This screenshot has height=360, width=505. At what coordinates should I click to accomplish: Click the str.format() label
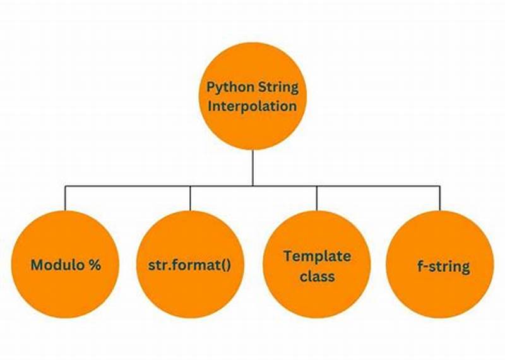190,265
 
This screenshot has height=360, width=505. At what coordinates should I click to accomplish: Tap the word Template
316,256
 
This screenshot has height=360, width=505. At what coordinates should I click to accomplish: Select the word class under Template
317,276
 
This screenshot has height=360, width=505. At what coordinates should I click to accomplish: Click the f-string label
440,266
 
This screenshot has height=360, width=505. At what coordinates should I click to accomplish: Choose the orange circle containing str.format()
190,297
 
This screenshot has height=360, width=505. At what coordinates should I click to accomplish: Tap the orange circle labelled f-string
440,297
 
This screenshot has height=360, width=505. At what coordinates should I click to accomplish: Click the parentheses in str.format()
222,265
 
